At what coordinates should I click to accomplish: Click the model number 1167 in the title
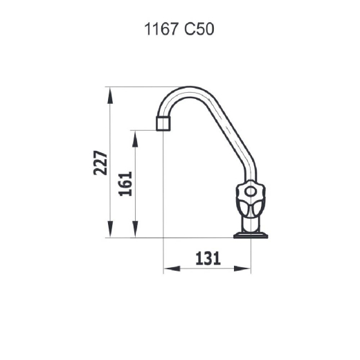click(161, 29)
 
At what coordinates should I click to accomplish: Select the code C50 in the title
click(199, 29)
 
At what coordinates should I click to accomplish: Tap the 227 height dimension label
click(100, 163)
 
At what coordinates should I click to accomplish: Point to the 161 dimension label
click(125, 183)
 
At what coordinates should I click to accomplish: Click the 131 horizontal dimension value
click(208, 258)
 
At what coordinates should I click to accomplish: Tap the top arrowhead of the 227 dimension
click(110, 96)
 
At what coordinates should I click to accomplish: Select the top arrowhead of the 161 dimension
click(135, 139)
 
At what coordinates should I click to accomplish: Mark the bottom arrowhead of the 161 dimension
click(135, 229)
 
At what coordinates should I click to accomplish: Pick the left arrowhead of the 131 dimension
click(172, 269)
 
